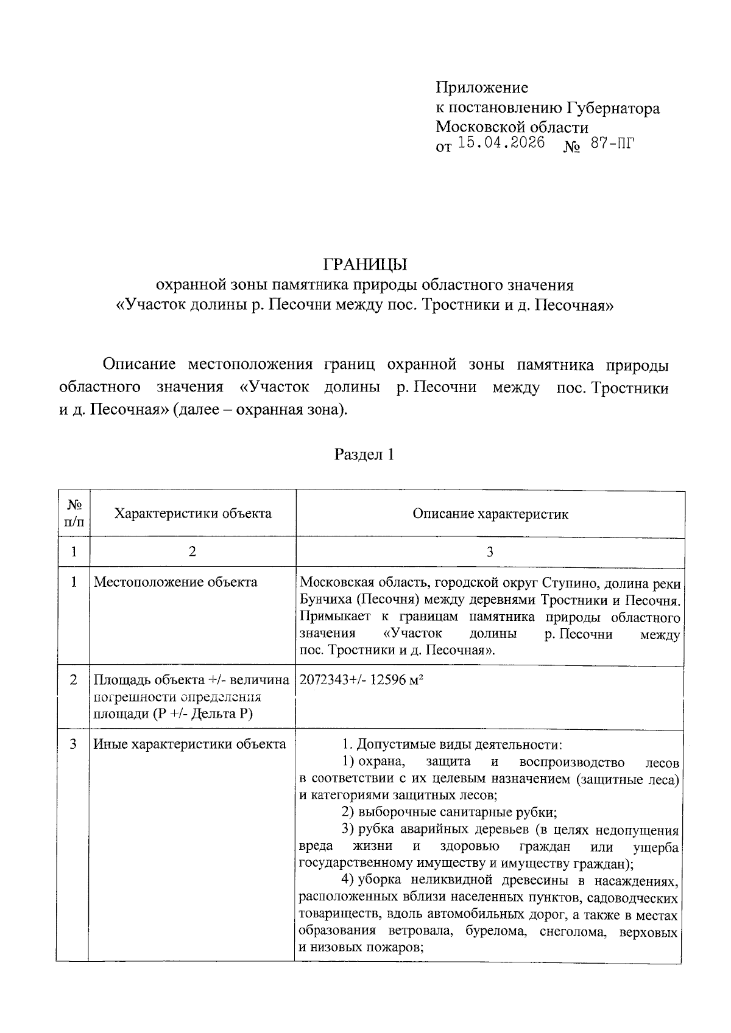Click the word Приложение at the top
click(x=482, y=88)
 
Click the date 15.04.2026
click(x=501, y=144)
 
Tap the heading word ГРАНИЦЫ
click(x=364, y=265)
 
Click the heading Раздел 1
click(x=364, y=454)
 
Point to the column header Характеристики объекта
click(x=193, y=513)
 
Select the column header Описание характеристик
click(x=490, y=514)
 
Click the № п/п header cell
click(x=74, y=513)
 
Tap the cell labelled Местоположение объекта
click(x=175, y=582)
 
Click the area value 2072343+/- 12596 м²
click(x=361, y=680)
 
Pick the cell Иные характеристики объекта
click(x=189, y=744)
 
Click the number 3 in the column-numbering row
click(x=490, y=552)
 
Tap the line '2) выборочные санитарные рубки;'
click(x=450, y=812)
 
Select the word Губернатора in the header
click(x=614, y=108)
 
